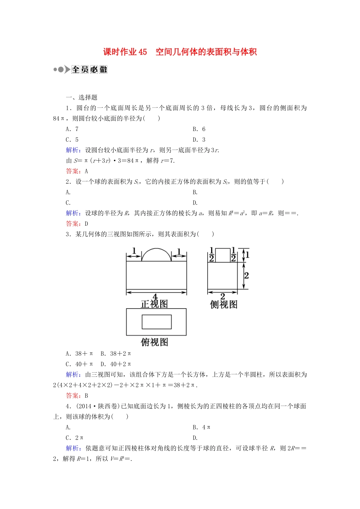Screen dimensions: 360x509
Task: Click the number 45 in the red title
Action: tap(142, 52)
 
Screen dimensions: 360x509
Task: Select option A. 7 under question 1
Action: tap(72, 129)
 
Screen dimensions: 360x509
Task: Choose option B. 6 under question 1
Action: tap(199, 129)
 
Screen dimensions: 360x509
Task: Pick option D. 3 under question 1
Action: tap(199, 140)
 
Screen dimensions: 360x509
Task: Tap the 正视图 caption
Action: tap(154, 304)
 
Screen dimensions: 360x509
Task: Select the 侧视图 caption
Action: tap(224, 304)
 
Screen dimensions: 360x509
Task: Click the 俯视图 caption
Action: tap(154, 342)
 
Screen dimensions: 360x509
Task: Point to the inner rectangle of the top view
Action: tap(157, 322)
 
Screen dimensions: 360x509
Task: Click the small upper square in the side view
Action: tap(223, 255)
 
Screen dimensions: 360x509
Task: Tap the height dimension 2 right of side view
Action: tap(246, 276)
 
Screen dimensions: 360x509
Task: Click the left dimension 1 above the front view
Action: tap(134, 251)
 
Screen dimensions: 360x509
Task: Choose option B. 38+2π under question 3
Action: tap(116, 354)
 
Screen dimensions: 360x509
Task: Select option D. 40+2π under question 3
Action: tap(116, 364)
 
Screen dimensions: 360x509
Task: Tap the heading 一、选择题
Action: tap(81, 97)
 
